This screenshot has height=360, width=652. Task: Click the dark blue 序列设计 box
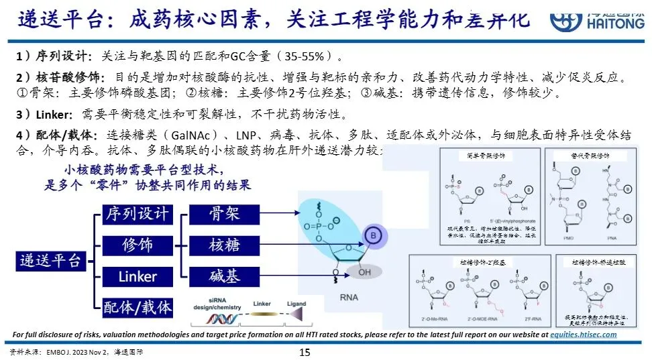tap(137, 215)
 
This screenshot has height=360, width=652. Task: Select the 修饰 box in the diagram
tap(137, 245)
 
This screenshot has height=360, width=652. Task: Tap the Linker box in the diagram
tap(137, 276)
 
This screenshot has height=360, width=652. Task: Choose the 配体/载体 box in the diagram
tap(137, 308)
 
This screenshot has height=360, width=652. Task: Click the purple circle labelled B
tap(372, 235)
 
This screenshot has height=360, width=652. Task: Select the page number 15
tap(304, 352)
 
